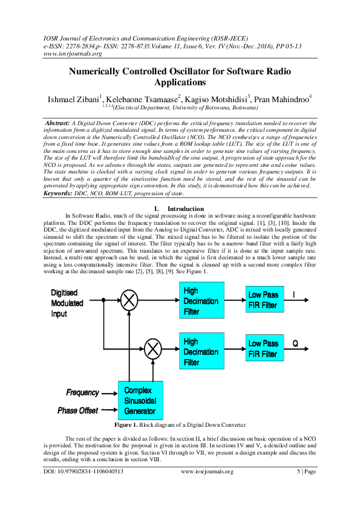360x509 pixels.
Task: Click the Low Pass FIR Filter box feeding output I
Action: click(x=264, y=300)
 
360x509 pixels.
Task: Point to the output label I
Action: click(x=295, y=294)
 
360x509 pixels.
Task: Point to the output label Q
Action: click(x=295, y=343)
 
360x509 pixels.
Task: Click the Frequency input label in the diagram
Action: click(x=83, y=393)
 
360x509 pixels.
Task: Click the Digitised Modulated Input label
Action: click(x=67, y=303)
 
